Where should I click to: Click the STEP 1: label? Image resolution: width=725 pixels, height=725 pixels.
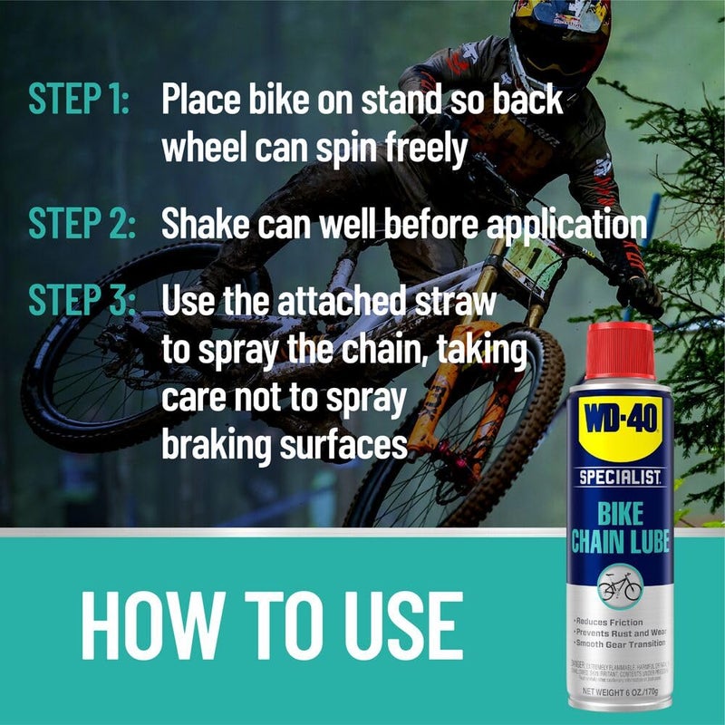click(x=80, y=101)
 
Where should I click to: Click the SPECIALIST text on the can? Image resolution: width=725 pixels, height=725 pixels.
click(x=620, y=476)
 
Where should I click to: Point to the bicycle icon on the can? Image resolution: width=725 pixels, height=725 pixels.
click(x=620, y=585)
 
